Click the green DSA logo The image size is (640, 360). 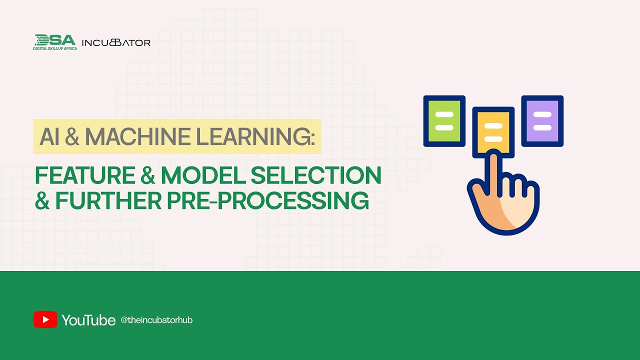click(55, 40)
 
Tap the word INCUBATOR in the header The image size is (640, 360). click(116, 43)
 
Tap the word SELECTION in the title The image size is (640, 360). click(315, 175)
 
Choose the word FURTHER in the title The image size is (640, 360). click(108, 200)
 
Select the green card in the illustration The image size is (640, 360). click(444, 120)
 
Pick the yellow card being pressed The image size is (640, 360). click(493, 131)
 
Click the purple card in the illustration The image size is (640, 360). click(542, 120)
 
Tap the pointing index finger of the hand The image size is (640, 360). click(493, 172)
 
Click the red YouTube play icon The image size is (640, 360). click(45, 319)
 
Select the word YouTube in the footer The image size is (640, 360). click(88, 320)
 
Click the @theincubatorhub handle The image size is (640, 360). click(156, 320)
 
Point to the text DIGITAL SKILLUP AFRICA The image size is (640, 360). click(55, 48)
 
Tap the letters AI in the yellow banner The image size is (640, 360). click(49, 136)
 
